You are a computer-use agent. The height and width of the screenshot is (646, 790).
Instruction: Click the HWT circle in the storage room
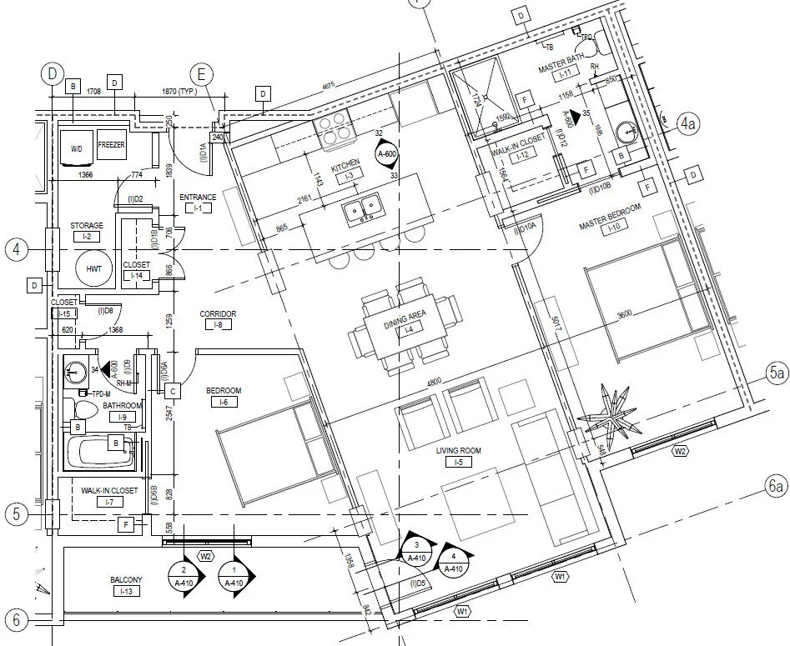[x=93, y=269]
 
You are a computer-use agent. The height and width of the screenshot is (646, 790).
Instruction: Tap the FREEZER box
[x=111, y=145]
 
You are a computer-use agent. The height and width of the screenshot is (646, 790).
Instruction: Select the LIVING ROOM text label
[x=458, y=451]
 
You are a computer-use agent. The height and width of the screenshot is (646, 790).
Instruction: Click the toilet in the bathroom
[x=83, y=410]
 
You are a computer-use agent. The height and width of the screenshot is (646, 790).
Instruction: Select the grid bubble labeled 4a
[x=687, y=125]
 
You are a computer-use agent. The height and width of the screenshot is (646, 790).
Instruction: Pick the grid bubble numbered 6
[x=15, y=619]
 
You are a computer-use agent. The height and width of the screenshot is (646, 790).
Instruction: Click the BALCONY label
[x=126, y=579]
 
